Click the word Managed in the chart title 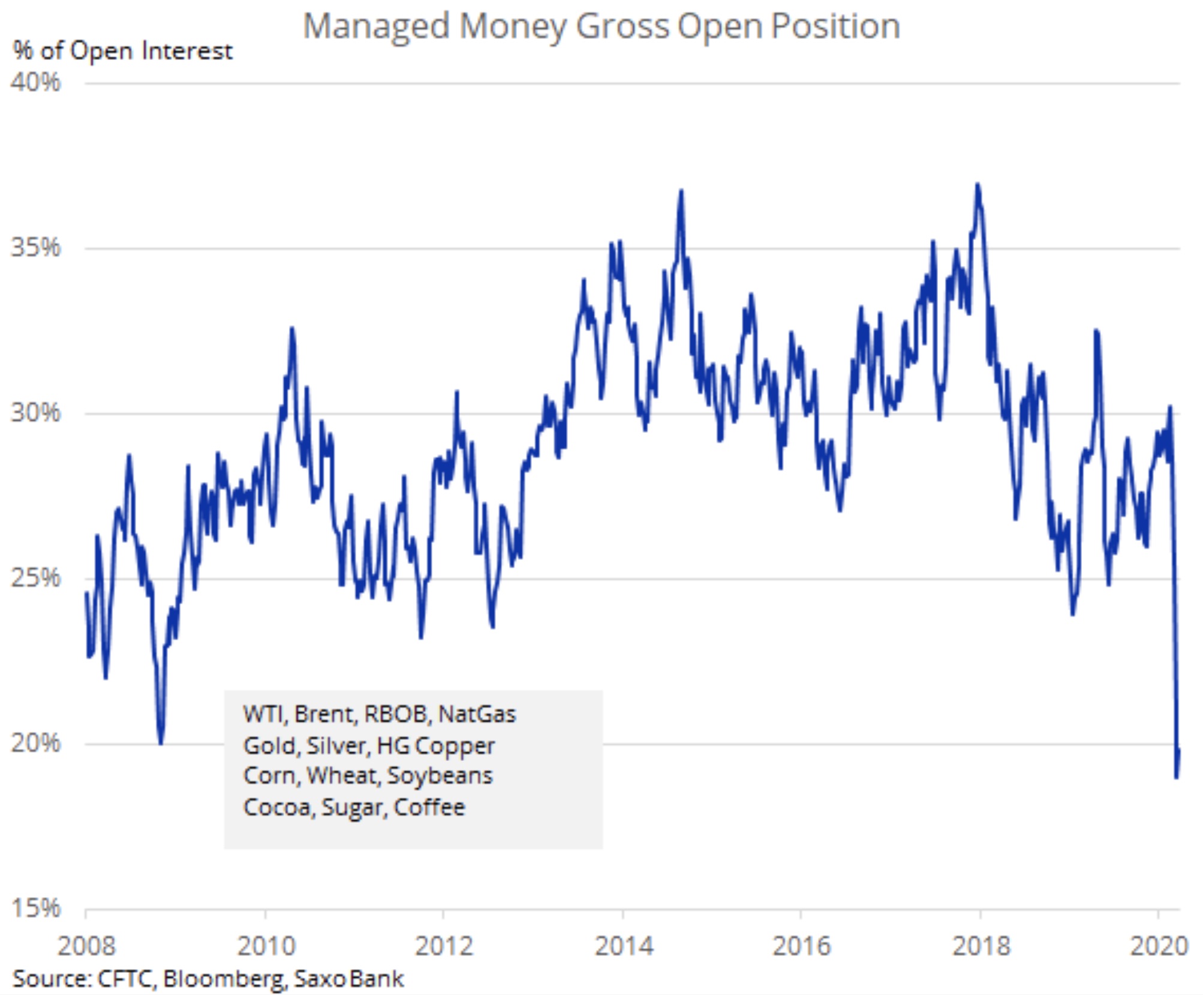376,27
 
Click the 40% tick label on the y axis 36,82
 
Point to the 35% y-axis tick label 36,247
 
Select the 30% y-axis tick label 36,413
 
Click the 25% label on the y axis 36,578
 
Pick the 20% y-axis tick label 36,743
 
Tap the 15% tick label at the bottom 36,908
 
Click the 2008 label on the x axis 86,946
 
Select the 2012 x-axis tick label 444,946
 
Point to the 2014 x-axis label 624,946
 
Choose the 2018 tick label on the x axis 981,946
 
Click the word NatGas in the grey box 477,714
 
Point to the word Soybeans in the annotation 440,775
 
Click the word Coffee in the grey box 429,807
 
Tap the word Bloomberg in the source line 222,979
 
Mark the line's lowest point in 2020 1177,778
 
